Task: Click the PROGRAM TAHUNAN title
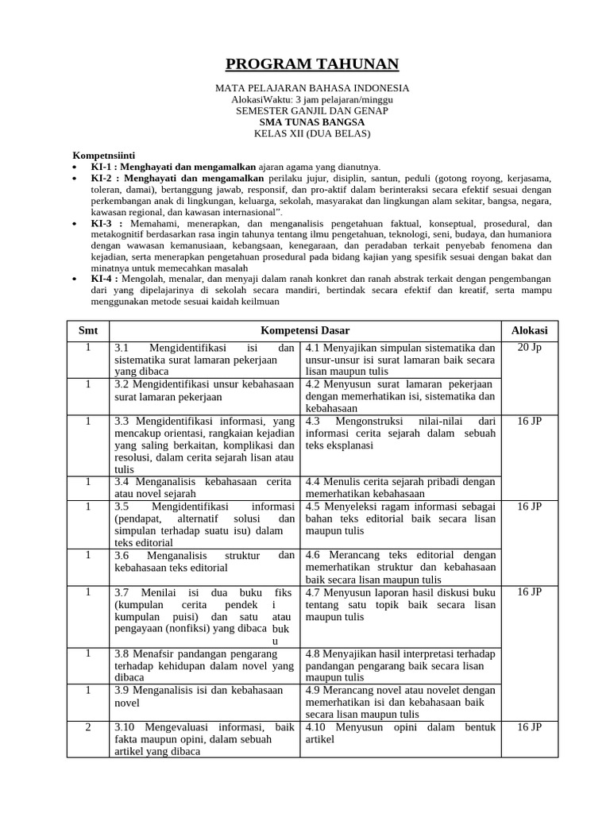(312, 64)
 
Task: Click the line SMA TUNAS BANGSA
(312, 122)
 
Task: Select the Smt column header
(88, 330)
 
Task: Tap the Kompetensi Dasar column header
(305, 330)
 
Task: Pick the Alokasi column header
(529, 330)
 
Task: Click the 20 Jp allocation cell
(529, 348)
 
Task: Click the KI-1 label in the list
(103, 168)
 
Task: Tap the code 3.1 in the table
(122, 349)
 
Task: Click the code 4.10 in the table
(317, 727)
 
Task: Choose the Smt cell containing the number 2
(88, 726)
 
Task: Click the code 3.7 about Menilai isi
(122, 592)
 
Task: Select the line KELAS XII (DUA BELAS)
(312, 133)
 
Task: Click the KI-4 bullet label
(103, 279)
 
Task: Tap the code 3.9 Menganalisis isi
(122, 691)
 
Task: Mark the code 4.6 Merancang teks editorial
(313, 555)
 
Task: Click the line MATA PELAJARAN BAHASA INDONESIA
(312, 87)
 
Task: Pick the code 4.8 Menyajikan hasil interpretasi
(313, 653)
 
